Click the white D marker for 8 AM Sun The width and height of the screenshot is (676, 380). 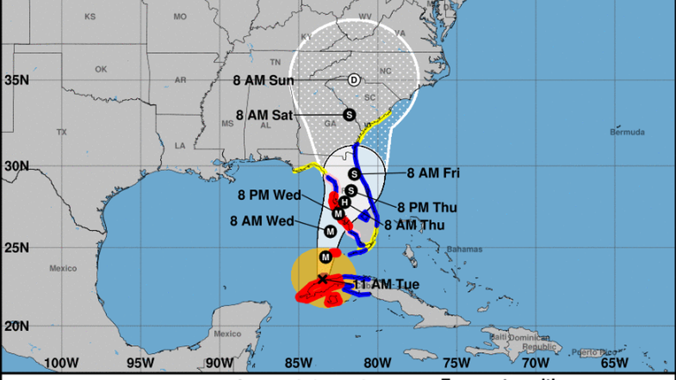[354, 80]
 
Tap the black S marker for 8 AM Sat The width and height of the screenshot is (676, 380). [349, 114]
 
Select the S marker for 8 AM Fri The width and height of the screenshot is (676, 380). [354, 174]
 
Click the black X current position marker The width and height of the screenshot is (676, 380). [323, 279]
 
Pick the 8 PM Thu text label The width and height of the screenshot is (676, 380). [427, 207]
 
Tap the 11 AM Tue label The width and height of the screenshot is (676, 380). [387, 285]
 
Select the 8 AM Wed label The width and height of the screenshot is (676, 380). [262, 221]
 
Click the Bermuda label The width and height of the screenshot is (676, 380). [627, 132]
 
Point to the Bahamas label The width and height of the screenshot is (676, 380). [464, 249]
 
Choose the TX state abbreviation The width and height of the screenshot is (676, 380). [62, 132]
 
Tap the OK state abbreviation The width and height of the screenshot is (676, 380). [101, 69]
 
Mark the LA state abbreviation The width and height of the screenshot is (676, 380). [180, 145]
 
